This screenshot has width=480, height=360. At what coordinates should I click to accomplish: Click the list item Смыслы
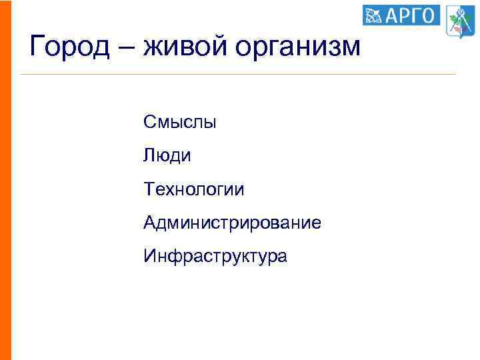[x=179, y=123]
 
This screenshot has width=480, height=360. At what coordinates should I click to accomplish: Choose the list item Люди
[x=167, y=156]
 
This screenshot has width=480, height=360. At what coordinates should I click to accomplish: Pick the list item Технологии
[x=193, y=189]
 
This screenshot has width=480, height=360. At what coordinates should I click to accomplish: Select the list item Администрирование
[x=232, y=223]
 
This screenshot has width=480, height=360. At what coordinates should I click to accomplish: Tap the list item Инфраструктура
[x=215, y=256]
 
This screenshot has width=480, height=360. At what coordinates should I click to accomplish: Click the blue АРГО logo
[x=401, y=15]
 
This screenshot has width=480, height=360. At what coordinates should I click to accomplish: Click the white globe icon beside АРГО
[x=374, y=15]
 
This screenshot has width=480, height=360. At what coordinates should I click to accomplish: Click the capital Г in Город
[x=38, y=46]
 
